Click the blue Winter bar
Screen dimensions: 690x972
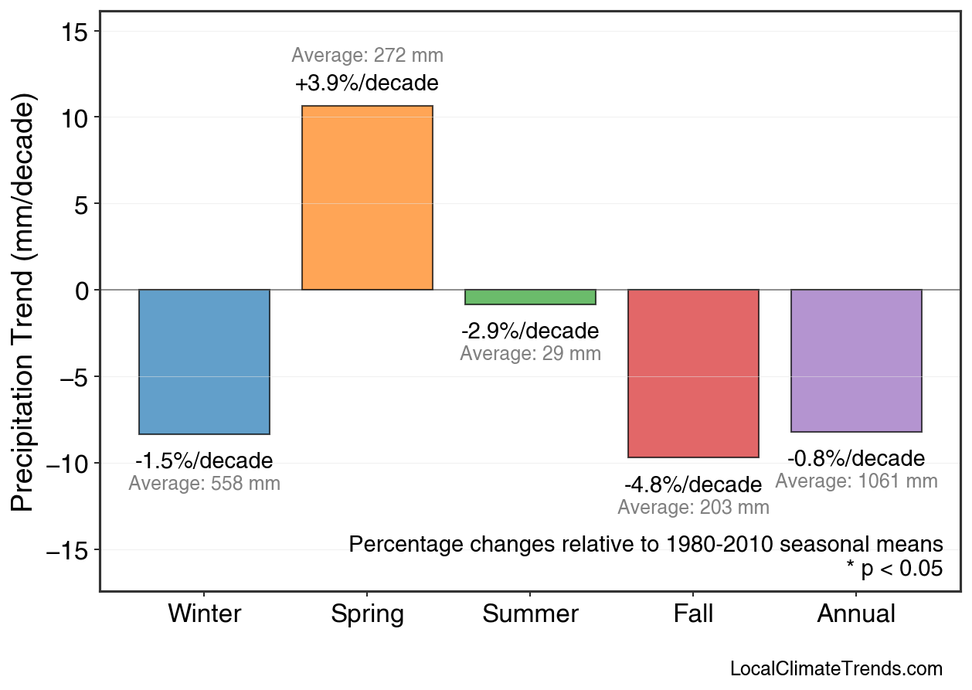tap(204, 362)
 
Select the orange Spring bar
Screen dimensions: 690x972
tap(367, 198)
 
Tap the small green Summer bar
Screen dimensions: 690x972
tap(530, 297)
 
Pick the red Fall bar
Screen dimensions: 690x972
tap(693, 373)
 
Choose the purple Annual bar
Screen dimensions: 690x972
tap(856, 361)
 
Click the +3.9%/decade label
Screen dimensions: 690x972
tap(367, 83)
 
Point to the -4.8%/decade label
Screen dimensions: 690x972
tap(693, 485)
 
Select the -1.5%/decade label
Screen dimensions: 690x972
tap(204, 461)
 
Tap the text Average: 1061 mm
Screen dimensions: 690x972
tap(856, 481)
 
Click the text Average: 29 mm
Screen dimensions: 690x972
tap(530, 354)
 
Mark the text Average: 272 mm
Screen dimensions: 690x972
tap(367, 56)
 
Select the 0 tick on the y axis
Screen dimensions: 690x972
tap(83, 291)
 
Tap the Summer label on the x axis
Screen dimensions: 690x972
tap(530, 614)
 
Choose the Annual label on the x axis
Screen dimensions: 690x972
tap(856, 614)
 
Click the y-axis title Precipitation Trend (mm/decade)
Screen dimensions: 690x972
tap(25, 303)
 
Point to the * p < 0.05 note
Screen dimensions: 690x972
tap(894, 569)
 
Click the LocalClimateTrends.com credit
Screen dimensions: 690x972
tap(836, 669)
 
